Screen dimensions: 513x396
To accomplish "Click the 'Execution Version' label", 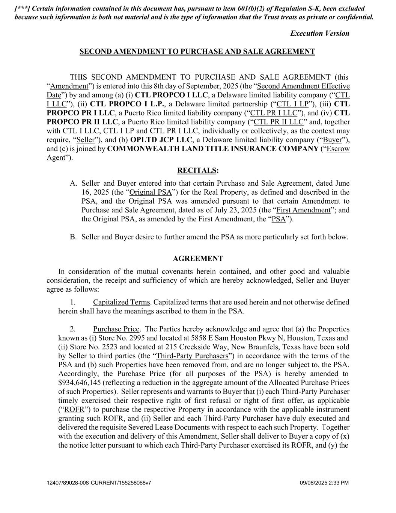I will coord(319,33).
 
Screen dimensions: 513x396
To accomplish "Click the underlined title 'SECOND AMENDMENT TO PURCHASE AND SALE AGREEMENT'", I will coord(197,52).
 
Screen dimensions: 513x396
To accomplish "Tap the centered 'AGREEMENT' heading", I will coord(198,259).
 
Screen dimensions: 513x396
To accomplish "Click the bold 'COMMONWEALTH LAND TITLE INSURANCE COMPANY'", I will coord(212,149).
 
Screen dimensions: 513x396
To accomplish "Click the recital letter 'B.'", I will coord(73,237).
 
